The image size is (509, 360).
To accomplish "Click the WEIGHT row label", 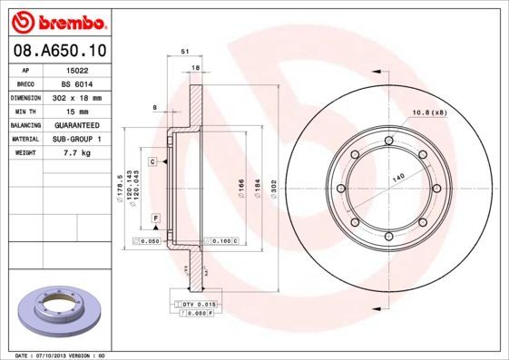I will pyautogui.click(x=25, y=153).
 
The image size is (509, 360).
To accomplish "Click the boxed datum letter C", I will pyautogui.click(x=153, y=161).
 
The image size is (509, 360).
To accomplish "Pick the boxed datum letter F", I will pyautogui.click(x=156, y=219).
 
